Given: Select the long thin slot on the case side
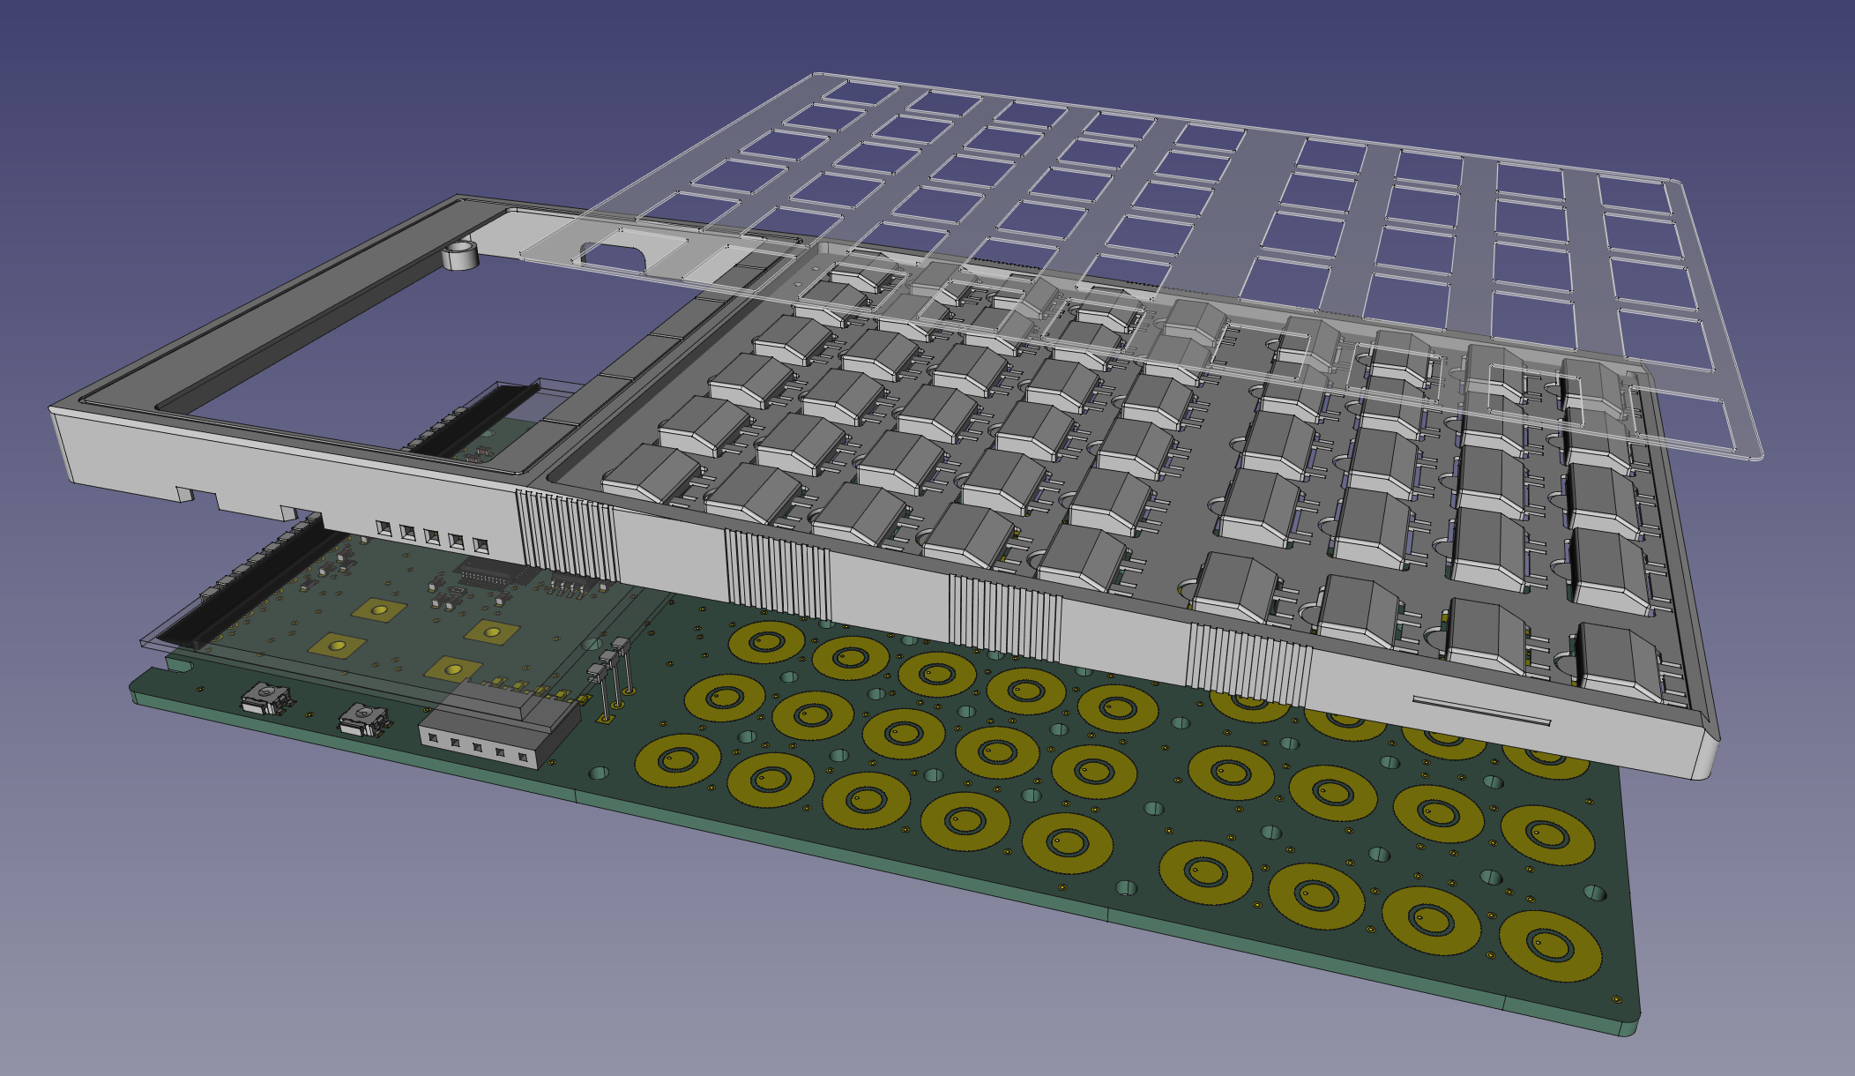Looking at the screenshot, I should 1481,711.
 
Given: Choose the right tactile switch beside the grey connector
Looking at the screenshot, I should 365,718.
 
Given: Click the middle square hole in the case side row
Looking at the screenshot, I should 432,535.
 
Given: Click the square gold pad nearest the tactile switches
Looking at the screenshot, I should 337,646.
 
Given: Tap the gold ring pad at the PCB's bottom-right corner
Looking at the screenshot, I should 1549,945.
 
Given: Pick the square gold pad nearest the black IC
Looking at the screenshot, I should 491,631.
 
